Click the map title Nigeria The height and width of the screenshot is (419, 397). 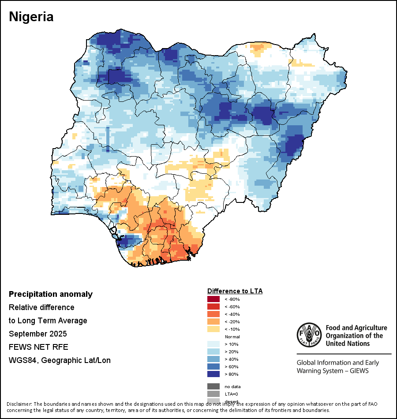pyautogui.click(x=31, y=17)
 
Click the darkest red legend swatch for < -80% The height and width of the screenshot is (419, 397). pyautogui.click(x=213, y=299)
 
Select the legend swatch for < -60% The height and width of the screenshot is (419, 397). pyautogui.click(x=213, y=307)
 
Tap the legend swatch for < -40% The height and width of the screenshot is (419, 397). pyautogui.click(x=213, y=314)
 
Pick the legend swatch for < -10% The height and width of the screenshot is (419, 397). pyautogui.click(x=213, y=329)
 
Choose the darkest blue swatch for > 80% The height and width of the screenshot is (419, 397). pyautogui.click(x=213, y=374)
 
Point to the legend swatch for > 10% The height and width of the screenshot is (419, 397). pyautogui.click(x=213, y=344)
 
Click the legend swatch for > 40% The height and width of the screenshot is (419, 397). pyautogui.click(x=213, y=359)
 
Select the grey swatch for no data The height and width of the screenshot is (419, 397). pyautogui.click(x=213, y=386)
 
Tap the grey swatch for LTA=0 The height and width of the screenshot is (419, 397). pyautogui.click(x=213, y=394)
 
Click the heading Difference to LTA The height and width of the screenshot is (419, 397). pyautogui.click(x=235, y=291)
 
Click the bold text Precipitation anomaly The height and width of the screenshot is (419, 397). pyautogui.click(x=51, y=294)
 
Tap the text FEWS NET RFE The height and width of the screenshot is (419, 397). pyautogui.click(x=38, y=347)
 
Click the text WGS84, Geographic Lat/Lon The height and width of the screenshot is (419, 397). pyautogui.click(x=60, y=360)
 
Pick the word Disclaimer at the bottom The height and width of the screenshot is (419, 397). pyautogui.click(x=19, y=404)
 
